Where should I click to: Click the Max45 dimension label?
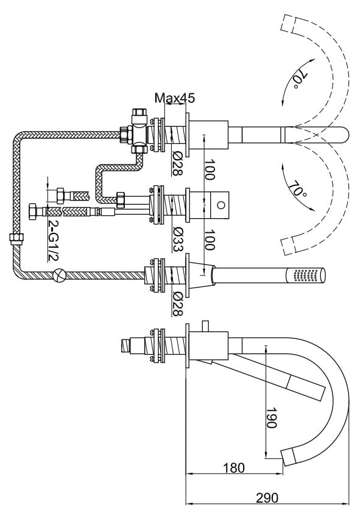coord(175,98)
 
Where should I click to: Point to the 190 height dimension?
coord(271,417)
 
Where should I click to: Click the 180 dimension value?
coord(233,468)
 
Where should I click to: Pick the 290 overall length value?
coord(267,498)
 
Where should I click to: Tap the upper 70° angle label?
coord(300,80)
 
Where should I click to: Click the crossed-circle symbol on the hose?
coord(60,274)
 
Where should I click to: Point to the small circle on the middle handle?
coord(221,205)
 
